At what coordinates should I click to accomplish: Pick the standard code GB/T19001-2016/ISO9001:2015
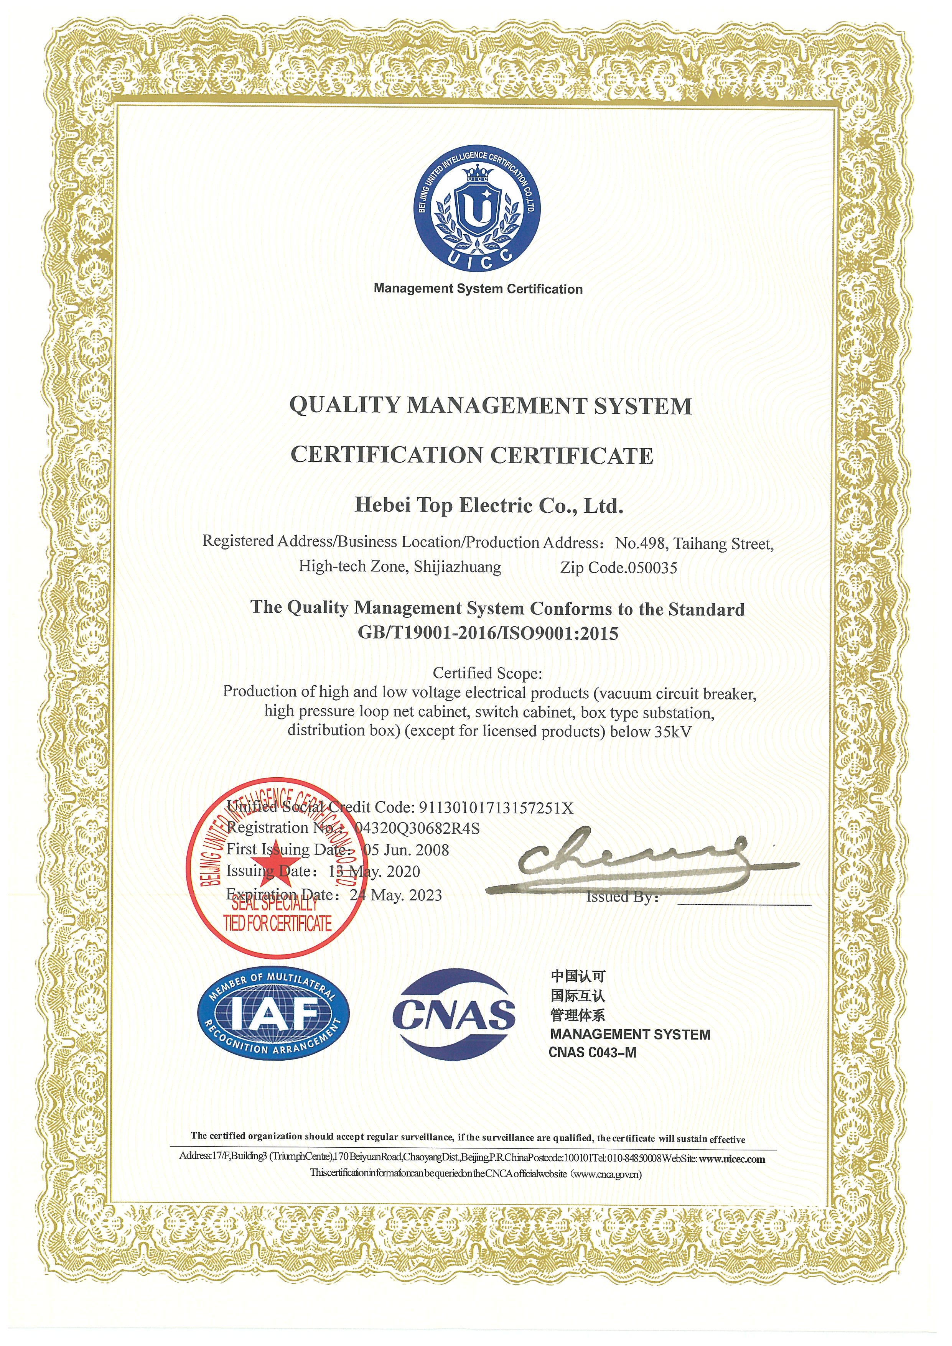(x=488, y=633)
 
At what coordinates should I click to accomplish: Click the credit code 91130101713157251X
(x=495, y=808)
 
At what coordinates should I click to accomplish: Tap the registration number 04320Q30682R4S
(x=417, y=828)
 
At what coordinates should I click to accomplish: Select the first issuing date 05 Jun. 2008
(x=406, y=850)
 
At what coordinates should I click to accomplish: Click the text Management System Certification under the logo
(x=478, y=289)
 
